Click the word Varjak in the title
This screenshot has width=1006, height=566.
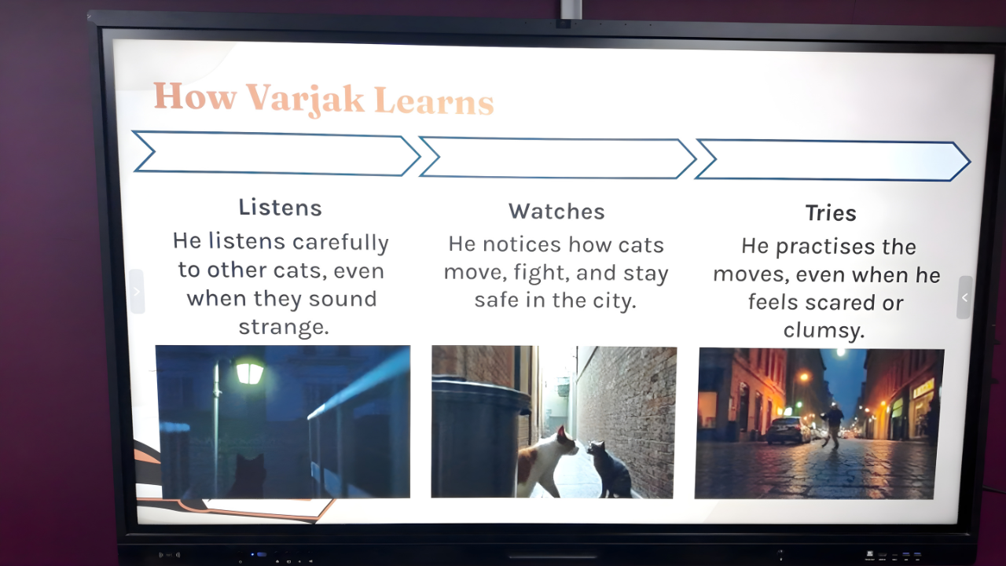(x=305, y=100)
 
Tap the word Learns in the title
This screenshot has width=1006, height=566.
(x=434, y=101)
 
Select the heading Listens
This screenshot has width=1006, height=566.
(x=281, y=208)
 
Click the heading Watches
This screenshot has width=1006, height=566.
(x=556, y=211)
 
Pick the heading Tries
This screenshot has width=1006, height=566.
(x=831, y=213)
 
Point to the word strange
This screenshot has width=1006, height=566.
(x=284, y=326)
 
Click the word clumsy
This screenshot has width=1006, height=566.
(x=824, y=331)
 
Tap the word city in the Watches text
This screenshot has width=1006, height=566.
(x=614, y=300)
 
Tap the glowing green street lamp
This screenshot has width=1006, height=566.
(x=249, y=372)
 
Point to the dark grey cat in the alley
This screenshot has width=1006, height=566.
(x=608, y=469)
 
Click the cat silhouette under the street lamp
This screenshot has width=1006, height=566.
(x=248, y=476)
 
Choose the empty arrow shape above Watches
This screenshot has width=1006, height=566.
(x=557, y=158)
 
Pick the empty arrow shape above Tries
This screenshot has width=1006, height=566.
(x=832, y=160)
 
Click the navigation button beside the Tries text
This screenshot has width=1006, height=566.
(x=964, y=297)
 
